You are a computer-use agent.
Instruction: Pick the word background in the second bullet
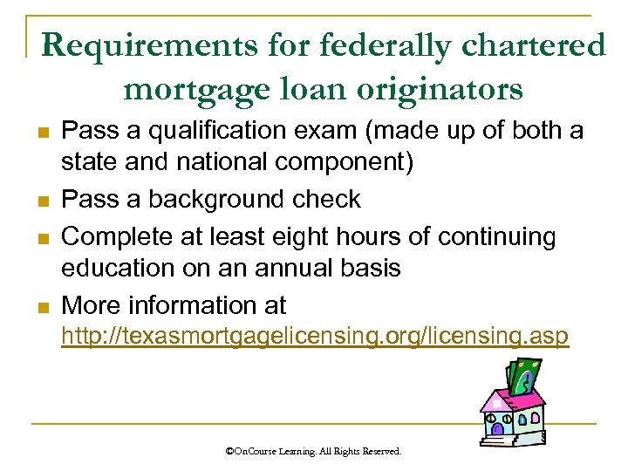211,200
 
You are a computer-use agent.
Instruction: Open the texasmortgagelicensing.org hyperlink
314,337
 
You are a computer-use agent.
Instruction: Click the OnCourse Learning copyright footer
313,452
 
